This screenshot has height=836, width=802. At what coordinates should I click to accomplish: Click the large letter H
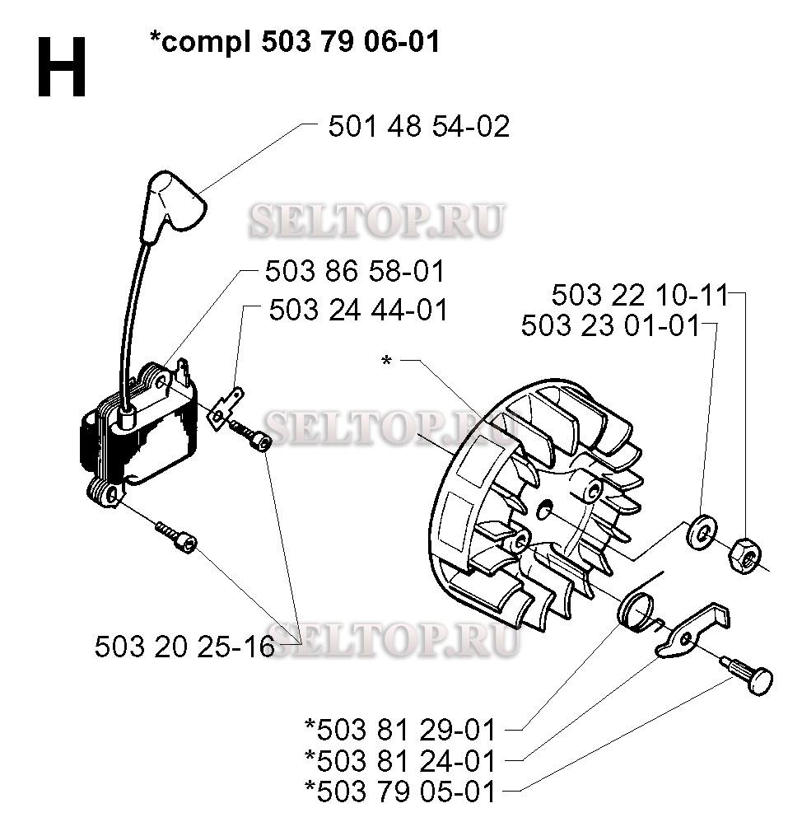[x=62, y=68]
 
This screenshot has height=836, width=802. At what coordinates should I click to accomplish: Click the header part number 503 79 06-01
[x=351, y=41]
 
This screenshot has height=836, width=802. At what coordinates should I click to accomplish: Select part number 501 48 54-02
[x=419, y=126]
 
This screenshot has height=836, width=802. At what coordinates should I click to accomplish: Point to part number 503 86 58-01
[x=355, y=271]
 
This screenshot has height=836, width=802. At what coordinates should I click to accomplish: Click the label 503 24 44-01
[x=359, y=310]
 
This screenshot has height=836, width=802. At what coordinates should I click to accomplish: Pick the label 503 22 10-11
[x=640, y=295]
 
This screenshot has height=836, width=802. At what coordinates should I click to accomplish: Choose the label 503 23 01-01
[x=611, y=325]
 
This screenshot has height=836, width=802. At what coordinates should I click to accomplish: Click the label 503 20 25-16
[x=185, y=647]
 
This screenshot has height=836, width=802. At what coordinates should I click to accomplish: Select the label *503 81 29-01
[x=400, y=730]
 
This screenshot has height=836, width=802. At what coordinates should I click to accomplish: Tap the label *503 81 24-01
[x=400, y=761]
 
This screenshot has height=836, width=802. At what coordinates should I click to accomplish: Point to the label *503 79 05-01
[x=400, y=792]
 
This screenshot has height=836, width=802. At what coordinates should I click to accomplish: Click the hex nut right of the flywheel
[x=745, y=556]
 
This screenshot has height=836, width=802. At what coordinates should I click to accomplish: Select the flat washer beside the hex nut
[x=702, y=531]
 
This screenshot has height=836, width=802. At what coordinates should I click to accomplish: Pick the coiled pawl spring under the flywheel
[x=637, y=613]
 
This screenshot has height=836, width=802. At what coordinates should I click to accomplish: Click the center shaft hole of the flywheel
[x=544, y=510]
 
